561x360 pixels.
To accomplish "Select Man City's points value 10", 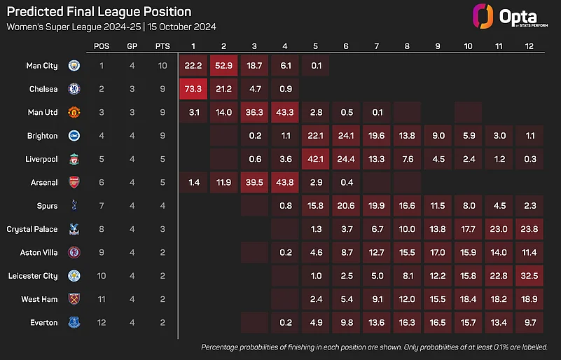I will (x=162, y=65).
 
